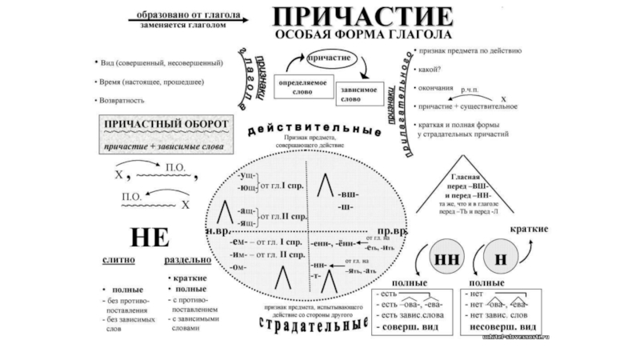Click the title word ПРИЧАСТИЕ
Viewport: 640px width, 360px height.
coord(362,16)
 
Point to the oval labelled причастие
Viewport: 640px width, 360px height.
coord(328,60)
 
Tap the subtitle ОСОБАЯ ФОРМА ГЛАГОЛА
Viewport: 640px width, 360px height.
coord(362,37)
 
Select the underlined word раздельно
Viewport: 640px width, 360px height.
coord(187,261)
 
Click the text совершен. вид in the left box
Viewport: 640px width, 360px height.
coord(408,328)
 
